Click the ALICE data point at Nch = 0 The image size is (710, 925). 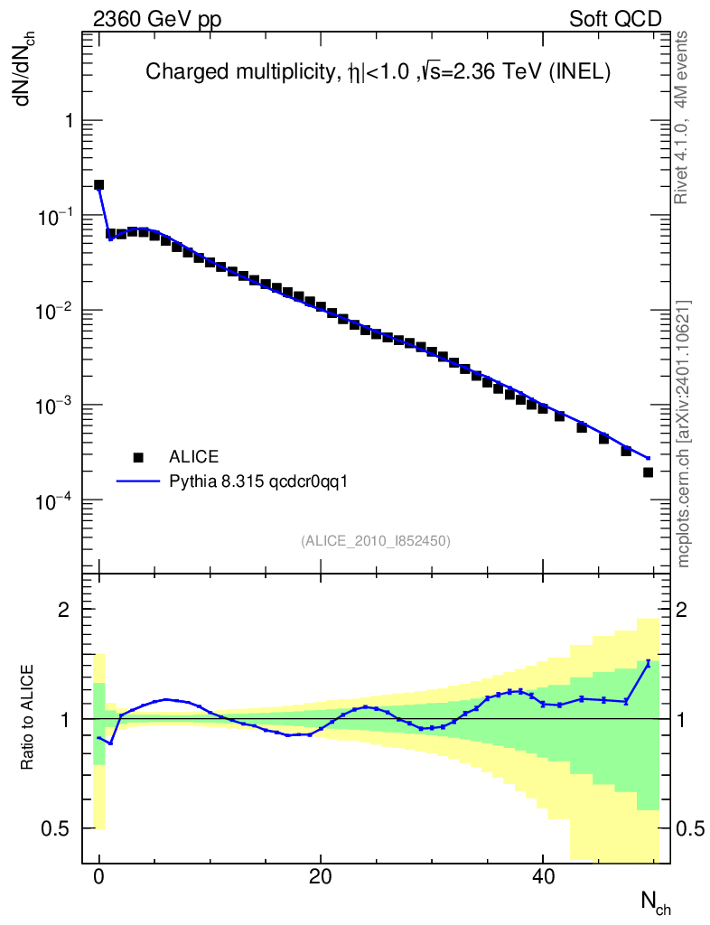(x=99, y=185)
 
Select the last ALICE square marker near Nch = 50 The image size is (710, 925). (x=648, y=472)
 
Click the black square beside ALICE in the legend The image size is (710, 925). (x=138, y=456)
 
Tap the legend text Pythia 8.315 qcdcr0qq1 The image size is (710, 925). (x=258, y=481)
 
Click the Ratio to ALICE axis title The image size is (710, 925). (x=27, y=719)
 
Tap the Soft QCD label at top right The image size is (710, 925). (x=615, y=19)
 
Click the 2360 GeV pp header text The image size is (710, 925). (x=157, y=19)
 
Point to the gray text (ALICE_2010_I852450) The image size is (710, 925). (x=376, y=540)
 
